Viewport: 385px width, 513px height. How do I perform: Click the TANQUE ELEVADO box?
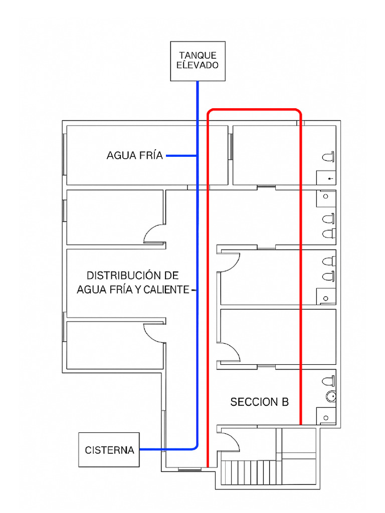(197, 61)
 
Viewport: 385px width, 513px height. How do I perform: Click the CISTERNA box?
(109, 449)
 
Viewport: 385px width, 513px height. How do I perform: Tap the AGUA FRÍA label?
(134, 156)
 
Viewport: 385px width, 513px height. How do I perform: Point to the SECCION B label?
(259, 402)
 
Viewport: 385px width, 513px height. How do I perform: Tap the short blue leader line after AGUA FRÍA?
(180, 156)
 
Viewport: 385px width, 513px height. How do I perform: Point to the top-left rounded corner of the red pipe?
(211, 111)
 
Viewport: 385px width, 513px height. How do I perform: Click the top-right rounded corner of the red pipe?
(298, 111)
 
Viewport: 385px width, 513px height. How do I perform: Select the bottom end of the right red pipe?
(300, 422)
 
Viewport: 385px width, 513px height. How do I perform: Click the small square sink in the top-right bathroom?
(326, 178)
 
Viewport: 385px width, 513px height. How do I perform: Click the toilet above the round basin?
(328, 380)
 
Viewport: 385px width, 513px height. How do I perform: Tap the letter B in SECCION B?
(285, 402)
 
